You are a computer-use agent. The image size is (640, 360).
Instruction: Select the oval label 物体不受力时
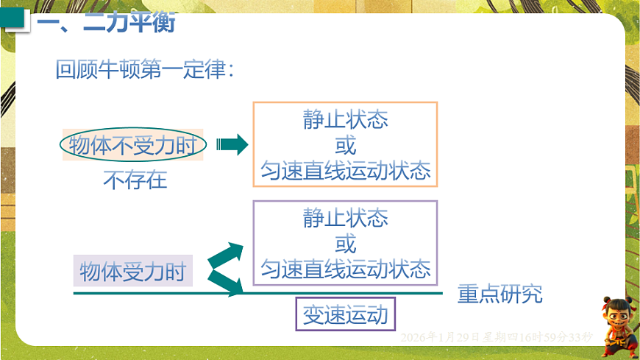click(133, 145)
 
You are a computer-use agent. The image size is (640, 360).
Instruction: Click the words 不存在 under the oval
click(135, 180)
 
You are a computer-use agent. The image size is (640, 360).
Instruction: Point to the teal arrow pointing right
click(232, 145)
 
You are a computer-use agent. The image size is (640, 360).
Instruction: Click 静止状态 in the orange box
click(345, 120)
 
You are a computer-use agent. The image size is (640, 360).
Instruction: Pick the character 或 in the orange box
click(345, 145)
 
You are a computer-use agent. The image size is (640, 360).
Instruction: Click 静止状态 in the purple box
click(345, 218)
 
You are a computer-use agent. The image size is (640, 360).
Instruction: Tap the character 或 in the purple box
click(345, 243)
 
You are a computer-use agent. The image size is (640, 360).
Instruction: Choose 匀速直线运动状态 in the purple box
click(345, 269)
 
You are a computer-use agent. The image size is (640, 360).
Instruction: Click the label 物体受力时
click(132, 271)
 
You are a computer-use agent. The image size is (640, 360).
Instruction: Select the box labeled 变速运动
click(345, 314)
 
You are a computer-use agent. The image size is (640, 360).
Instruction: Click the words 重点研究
click(499, 294)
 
